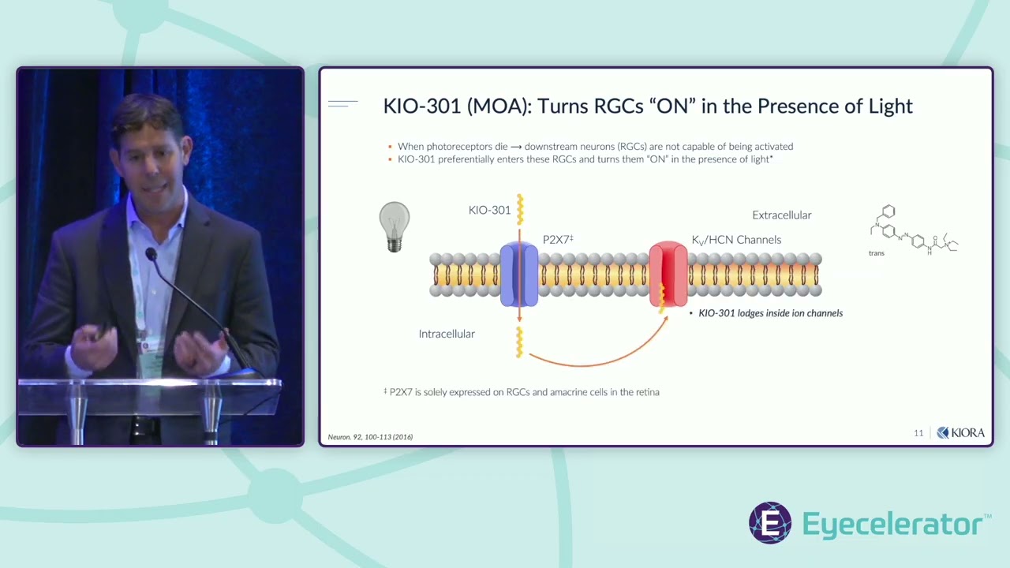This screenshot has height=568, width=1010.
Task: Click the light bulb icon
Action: tap(395, 226)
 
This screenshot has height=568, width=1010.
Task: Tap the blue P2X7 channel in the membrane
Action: tap(518, 275)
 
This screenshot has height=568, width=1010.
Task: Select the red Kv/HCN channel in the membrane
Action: tap(668, 275)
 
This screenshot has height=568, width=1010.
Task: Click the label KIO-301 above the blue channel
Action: tap(489, 211)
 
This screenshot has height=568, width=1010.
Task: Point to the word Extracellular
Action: tap(781, 215)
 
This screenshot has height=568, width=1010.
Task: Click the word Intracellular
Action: tap(447, 334)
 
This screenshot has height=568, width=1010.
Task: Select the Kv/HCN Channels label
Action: tap(736, 240)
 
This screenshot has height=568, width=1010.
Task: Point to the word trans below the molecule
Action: tap(876, 253)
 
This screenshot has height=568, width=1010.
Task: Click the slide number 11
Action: tap(918, 433)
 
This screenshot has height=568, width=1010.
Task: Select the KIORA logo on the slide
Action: tap(960, 433)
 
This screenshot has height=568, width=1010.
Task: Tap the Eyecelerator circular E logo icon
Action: tap(770, 522)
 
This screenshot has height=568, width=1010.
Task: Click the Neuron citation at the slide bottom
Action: tap(370, 437)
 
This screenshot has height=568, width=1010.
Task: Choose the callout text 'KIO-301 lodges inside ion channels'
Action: tap(770, 313)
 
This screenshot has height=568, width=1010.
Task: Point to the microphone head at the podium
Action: tap(150, 255)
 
